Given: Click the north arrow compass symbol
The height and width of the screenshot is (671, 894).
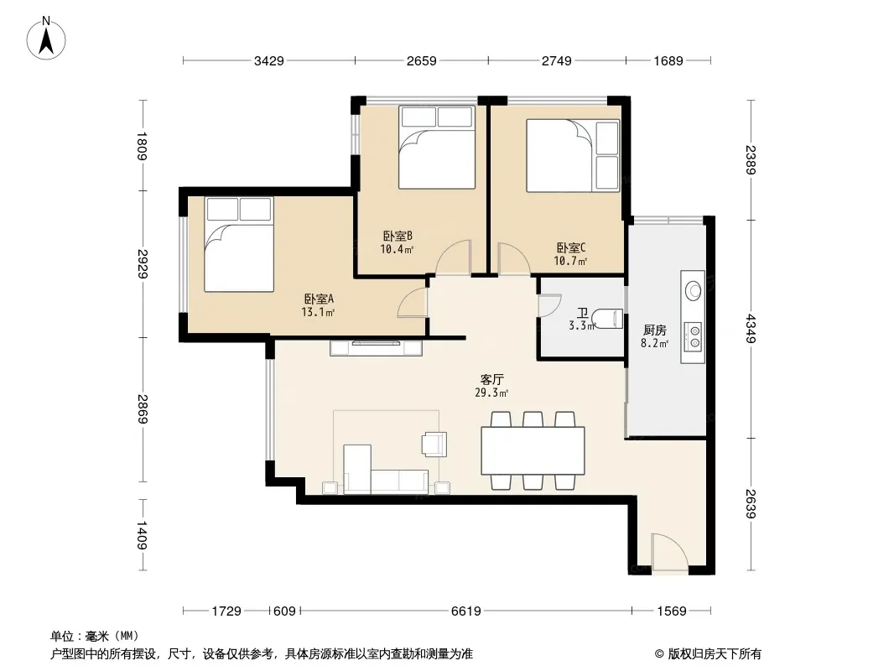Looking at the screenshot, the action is [46, 39].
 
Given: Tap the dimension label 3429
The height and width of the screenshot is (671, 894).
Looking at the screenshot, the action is [269, 61].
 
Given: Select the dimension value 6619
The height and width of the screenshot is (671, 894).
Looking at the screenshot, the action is [465, 611].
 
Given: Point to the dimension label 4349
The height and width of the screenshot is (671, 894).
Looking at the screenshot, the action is [751, 329].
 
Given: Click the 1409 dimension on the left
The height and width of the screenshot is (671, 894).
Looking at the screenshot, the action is [142, 535].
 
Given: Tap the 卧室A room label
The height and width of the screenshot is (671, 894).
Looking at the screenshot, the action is [319, 299].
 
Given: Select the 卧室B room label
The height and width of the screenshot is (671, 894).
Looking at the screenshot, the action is [398, 236].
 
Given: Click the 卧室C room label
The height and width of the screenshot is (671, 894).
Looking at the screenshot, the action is [571, 248].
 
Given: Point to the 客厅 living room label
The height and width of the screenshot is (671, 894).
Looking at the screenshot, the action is [492, 380].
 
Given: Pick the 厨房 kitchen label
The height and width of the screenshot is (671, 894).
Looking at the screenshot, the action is [654, 330].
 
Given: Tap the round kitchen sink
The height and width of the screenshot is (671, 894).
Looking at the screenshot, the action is [694, 290].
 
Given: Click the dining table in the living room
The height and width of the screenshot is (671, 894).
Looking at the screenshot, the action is [533, 450].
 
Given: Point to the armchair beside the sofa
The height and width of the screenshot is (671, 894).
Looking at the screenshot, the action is [434, 444].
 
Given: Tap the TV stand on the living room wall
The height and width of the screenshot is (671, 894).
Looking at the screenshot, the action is [376, 348].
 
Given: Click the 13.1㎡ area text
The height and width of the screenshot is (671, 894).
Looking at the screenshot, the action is [318, 312].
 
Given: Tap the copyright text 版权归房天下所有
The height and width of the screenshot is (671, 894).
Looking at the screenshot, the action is [715, 654].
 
